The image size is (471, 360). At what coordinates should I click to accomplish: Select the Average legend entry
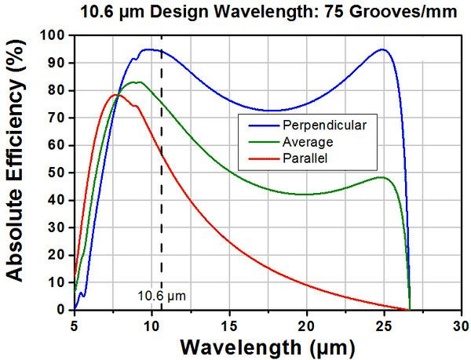coord(306,141)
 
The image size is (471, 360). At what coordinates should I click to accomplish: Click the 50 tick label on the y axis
coord(57,173)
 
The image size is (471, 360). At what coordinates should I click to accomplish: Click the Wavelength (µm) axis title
coord(268,346)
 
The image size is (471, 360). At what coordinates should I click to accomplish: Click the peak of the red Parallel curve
coord(116,94)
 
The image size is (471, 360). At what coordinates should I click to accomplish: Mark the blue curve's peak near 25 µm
coord(382,49)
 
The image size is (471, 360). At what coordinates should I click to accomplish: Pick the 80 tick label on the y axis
coord(57,90)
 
